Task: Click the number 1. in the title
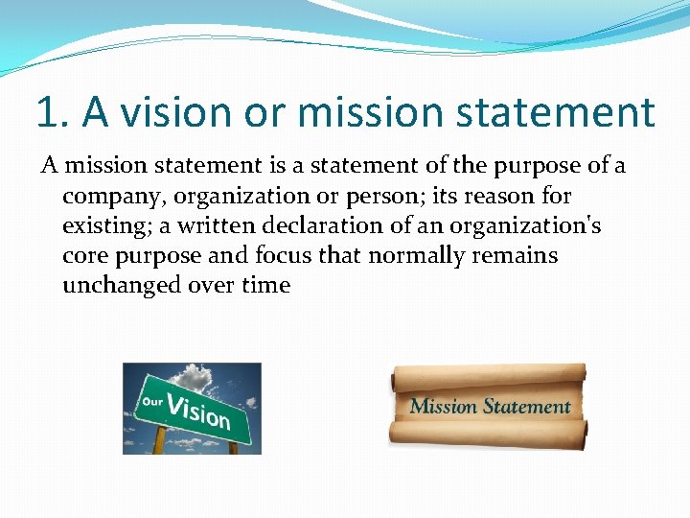pos(53,111)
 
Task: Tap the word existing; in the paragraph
pos(105,226)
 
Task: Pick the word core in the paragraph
pos(83,256)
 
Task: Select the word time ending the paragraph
pos(265,286)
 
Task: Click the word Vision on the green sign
pos(198,412)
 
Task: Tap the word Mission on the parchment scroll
pos(444,407)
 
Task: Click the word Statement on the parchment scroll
pos(526,407)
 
